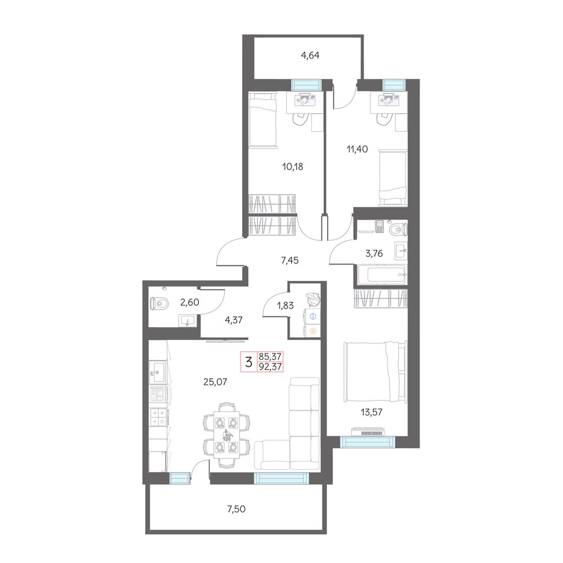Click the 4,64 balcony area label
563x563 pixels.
[x=310, y=55]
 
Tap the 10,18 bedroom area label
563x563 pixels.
[x=293, y=167]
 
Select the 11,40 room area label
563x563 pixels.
[x=358, y=149]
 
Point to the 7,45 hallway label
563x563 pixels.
[x=290, y=260]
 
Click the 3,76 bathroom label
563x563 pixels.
[x=374, y=253]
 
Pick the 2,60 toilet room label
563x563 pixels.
[x=190, y=303]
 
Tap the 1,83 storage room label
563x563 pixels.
[x=285, y=306]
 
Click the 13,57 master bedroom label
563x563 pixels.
[x=372, y=412]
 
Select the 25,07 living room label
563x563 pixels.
[x=215, y=382]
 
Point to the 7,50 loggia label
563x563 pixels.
[x=236, y=508]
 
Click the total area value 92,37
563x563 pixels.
[x=270, y=367]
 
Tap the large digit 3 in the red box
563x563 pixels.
[x=249, y=362]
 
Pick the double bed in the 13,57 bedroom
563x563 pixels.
[x=374, y=372]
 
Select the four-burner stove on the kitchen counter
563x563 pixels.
[x=158, y=417]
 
